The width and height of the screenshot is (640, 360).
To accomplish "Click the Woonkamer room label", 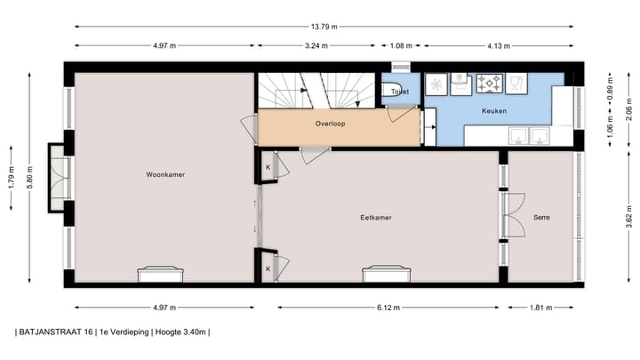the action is pyautogui.click(x=165, y=175).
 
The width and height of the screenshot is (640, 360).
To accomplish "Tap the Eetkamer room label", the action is pyautogui.click(x=376, y=218).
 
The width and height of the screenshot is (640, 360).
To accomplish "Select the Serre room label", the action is pyautogui.click(x=541, y=218).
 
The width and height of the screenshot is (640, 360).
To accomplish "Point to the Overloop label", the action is pyautogui.click(x=330, y=124).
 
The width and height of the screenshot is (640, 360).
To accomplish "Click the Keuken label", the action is pyautogui.click(x=494, y=111).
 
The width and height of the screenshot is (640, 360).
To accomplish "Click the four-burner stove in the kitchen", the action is pyautogui.click(x=490, y=84).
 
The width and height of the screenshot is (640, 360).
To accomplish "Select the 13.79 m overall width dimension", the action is pyautogui.click(x=324, y=27).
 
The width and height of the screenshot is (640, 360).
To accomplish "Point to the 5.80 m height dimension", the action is pyautogui.click(x=29, y=178).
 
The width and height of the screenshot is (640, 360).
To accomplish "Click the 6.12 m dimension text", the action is pyautogui.click(x=388, y=308).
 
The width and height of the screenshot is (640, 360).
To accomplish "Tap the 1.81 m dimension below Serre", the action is pyautogui.click(x=540, y=308).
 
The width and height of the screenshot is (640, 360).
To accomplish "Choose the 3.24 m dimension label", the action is pyautogui.click(x=316, y=45).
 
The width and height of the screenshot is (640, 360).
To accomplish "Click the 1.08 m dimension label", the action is pyautogui.click(x=401, y=45).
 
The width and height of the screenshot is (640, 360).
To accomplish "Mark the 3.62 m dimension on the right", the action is pyautogui.click(x=629, y=219).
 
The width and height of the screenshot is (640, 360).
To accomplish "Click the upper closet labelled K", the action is pyautogui.click(x=268, y=167).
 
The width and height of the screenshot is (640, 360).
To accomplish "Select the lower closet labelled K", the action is pyautogui.click(x=268, y=269).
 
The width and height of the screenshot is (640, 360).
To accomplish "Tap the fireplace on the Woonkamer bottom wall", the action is pyautogui.click(x=160, y=275).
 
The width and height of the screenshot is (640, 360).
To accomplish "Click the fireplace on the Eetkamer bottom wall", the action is pyautogui.click(x=386, y=275).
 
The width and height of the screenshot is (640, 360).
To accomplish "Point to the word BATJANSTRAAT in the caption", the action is pyautogui.click(x=56, y=332).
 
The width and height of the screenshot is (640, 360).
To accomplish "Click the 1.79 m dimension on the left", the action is pyautogui.click(x=11, y=178).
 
